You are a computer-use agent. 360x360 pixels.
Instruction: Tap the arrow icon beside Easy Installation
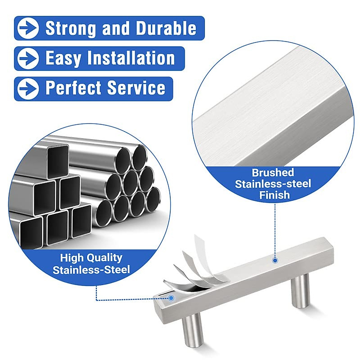(28, 58)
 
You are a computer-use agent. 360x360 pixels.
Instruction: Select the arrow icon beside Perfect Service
(28, 89)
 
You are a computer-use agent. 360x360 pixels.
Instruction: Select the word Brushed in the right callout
(273, 173)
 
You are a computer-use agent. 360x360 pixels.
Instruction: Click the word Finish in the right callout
(274, 195)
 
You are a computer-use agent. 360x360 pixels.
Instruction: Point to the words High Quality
(91, 258)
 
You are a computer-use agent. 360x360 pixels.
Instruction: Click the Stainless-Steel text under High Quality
(91, 269)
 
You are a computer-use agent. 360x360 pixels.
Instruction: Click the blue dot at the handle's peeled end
(171, 298)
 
